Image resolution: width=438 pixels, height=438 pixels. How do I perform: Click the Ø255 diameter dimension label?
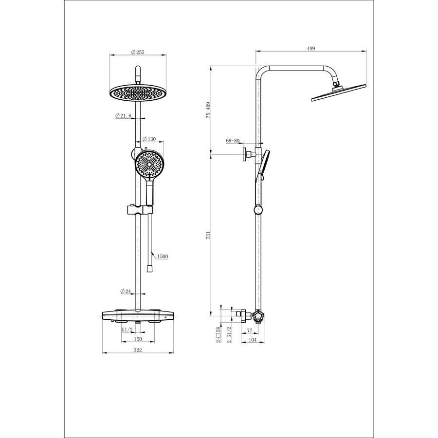(138, 52)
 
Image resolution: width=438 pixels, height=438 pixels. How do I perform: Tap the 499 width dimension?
(311, 48)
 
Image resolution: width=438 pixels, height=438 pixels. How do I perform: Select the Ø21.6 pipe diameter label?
(123, 115)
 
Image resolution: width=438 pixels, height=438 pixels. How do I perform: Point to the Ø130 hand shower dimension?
(149, 139)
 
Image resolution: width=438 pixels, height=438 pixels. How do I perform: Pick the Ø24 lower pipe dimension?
(126, 292)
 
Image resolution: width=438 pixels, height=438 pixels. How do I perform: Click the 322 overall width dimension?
(138, 350)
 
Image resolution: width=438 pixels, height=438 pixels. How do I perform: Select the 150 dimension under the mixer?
(138, 339)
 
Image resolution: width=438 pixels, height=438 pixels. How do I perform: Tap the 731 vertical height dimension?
(208, 235)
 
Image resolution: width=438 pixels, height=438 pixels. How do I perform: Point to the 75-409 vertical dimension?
(208, 110)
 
